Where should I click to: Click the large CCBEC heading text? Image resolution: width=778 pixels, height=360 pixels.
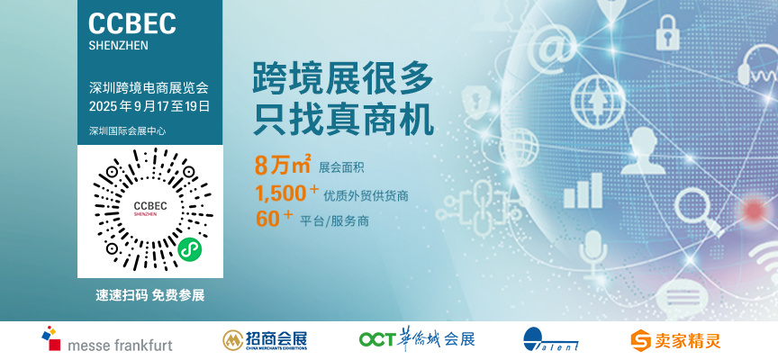click(x=132, y=23)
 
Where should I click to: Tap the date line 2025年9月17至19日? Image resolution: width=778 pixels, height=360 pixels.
click(x=149, y=106)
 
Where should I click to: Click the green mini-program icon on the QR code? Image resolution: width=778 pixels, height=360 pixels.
click(x=189, y=248)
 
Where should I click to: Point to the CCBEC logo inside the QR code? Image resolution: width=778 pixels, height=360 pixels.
click(x=150, y=209)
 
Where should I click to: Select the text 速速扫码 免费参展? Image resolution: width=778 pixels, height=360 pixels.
click(x=149, y=295)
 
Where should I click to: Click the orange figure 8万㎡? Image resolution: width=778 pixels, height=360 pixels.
click(x=283, y=165)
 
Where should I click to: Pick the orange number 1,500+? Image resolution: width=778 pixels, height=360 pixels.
click(x=286, y=193)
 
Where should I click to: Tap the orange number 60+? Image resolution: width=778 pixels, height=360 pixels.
click(x=275, y=219)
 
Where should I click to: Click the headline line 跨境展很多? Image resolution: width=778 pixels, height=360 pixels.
click(x=343, y=78)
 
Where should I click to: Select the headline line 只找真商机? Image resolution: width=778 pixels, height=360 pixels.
click(x=343, y=120)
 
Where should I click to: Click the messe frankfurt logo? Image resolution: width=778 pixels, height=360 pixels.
click(x=107, y=339)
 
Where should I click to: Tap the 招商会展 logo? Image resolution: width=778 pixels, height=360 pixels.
click(x=265, y=340)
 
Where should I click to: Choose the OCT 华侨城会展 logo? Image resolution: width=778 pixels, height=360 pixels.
click(x=417, y=339)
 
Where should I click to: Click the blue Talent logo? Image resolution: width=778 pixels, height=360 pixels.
click(x=551, y=339)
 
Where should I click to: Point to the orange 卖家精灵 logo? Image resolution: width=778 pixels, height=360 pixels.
click(x=675, y=341)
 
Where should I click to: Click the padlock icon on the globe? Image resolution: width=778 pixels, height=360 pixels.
click(x=667, y=32)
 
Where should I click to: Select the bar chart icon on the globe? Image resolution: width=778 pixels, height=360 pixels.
click(x=583, y=191)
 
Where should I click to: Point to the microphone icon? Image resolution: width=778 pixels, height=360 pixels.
click(x=593, y=253)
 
